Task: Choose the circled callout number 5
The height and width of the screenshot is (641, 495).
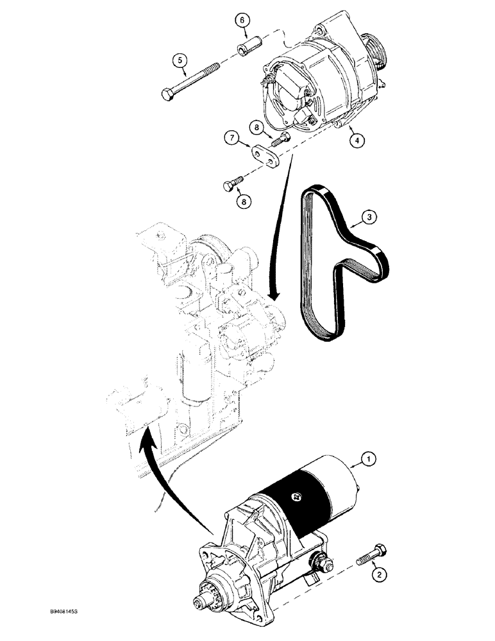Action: (181, 61)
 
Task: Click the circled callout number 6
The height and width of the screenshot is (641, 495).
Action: (242, 21)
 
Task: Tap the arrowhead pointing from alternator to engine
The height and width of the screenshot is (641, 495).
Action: (274, 296)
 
